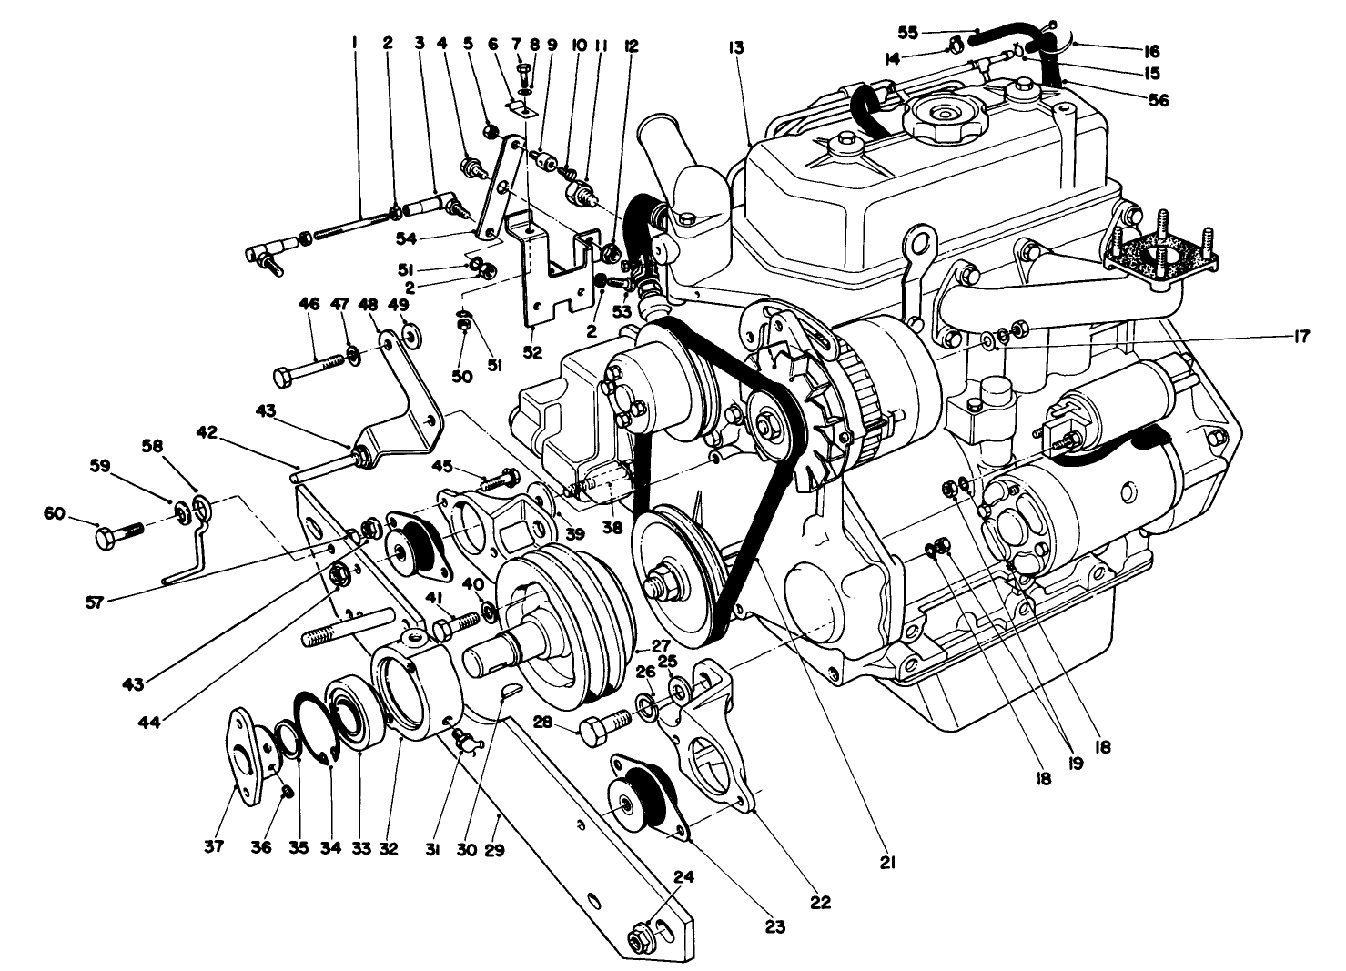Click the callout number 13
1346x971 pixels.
tap(736, 48)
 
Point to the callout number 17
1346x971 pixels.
tap(1299, 337)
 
